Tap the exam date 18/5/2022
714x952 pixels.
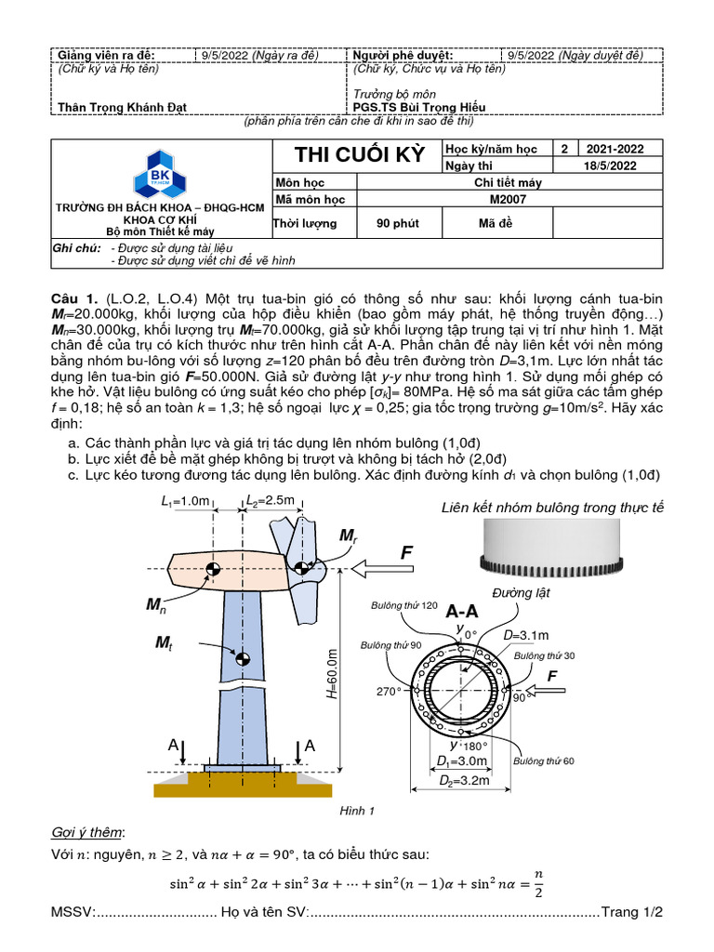[609, 165]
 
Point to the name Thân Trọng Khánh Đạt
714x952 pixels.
[122, 107]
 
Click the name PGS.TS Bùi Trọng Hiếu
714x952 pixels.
[419, 107]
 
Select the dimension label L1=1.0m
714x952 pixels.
[186, 501]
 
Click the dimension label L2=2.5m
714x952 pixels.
[270, 501]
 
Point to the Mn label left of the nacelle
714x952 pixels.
[155, 605]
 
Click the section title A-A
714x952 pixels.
[462, 612]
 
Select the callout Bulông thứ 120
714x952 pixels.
[403, 606]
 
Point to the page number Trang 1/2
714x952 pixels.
[632, 912]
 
